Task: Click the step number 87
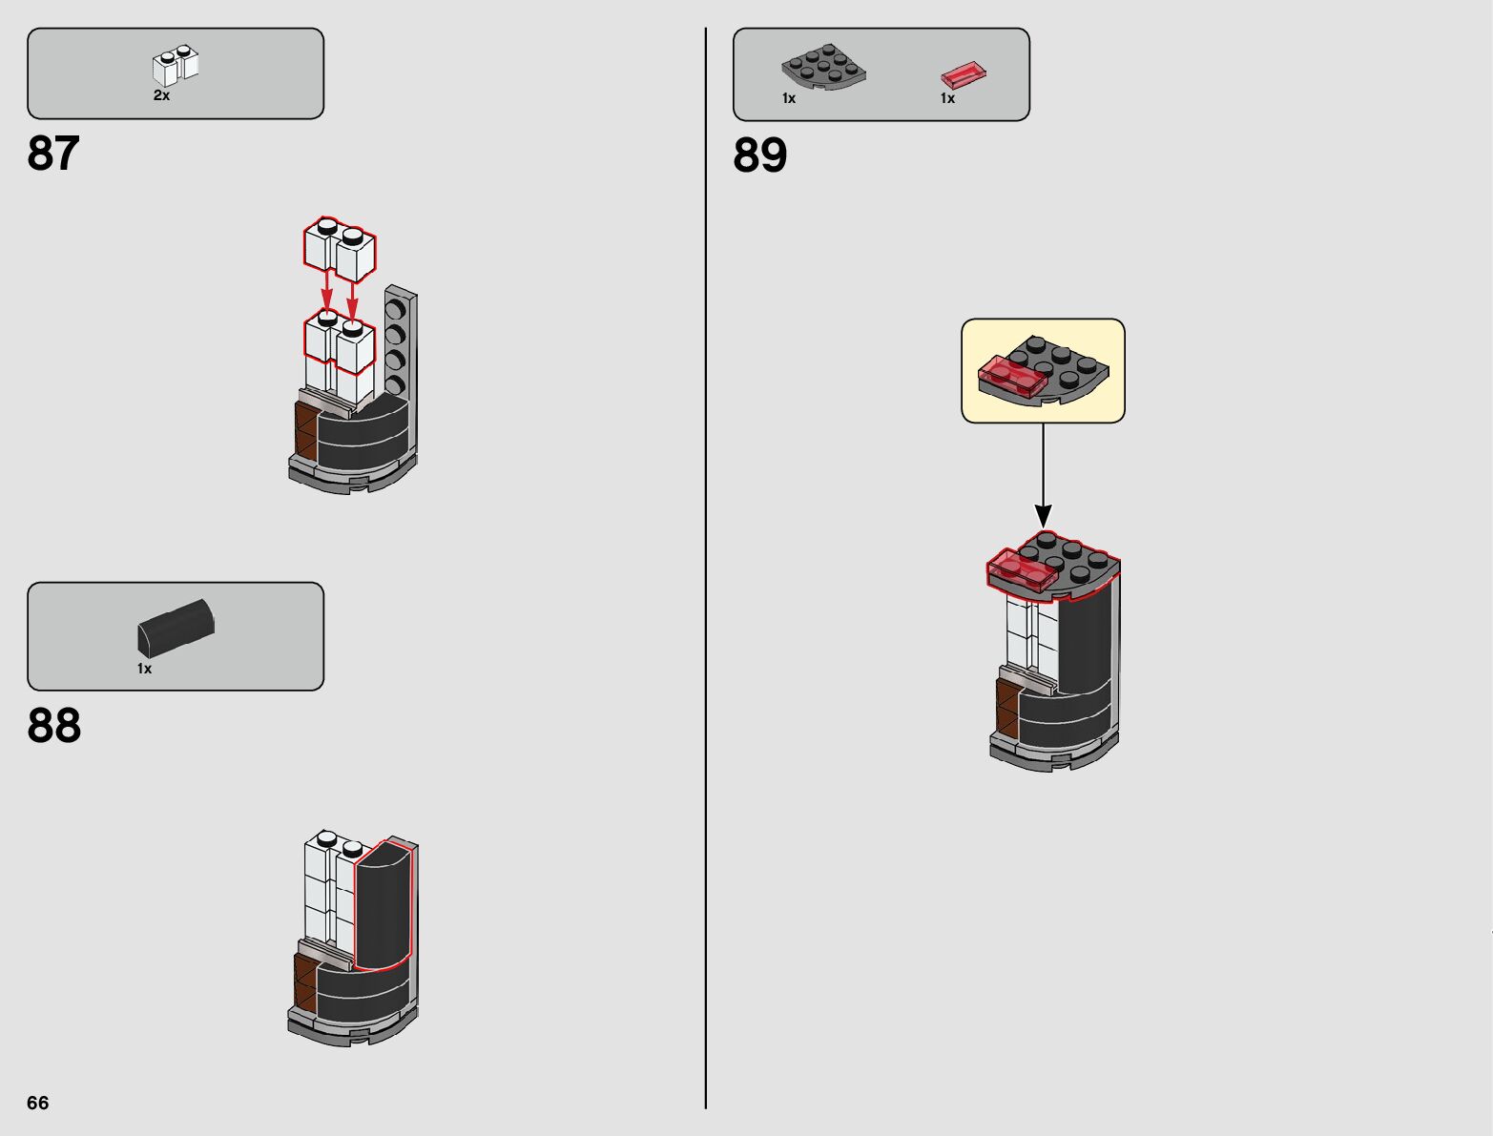point(53,154)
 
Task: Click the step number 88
point(54,726)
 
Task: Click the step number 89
point(760,155)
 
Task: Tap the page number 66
point(37,1103)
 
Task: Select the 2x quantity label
point(161,95)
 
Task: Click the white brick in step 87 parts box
point(176,66)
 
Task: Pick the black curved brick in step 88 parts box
point(176,626)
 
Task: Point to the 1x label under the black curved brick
point(144,669)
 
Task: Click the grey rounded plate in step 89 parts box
point(823,67)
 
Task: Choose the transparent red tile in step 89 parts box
point(964,74)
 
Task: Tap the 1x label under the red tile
point(947,98)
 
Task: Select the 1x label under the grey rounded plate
point(789,98)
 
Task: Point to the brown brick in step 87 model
point(305,431)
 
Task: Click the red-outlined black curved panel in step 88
point(384,906)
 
